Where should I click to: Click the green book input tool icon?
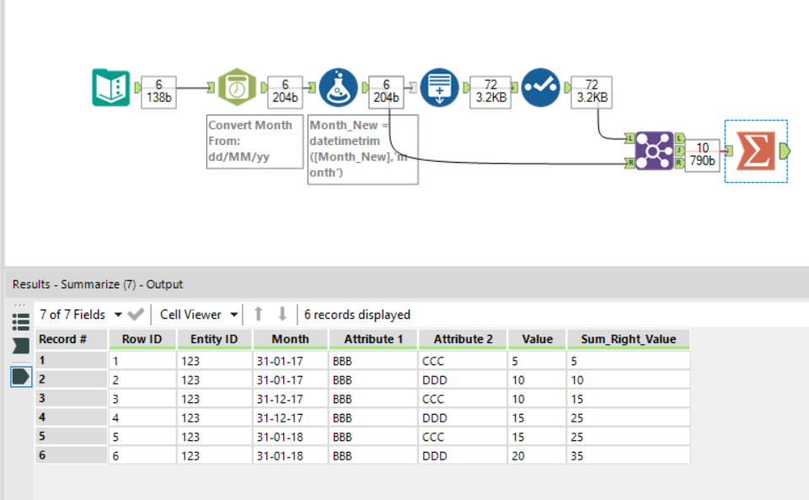pos(110,88)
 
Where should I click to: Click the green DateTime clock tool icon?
pos(237,88)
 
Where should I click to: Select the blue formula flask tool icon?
pos(338,88)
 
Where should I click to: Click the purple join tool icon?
pos(654,150)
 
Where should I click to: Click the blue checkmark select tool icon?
pos(540,88)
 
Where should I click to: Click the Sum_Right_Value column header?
pos(628,339)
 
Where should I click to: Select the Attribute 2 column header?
pos(463,339)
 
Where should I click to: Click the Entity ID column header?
pos(213,339)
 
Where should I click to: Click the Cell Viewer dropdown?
pos(199,315)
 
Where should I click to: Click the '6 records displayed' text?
pos(357,315)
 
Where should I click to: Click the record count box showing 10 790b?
pos(702,155)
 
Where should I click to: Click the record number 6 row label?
pos(71,454)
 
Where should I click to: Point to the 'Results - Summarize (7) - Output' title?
pos(98,284)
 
